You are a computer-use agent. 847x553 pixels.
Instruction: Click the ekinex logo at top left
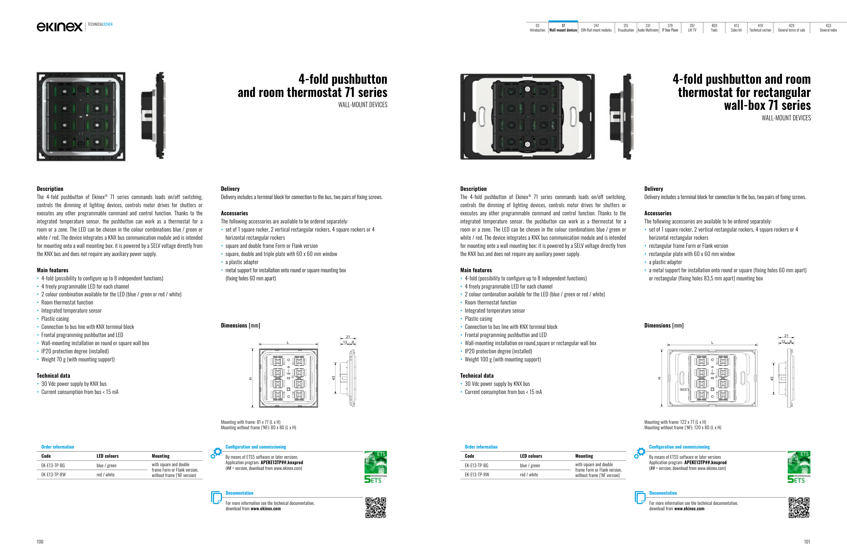[x=59, y=26]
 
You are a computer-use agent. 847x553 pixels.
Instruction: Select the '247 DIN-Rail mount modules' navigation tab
[x=596, y=28]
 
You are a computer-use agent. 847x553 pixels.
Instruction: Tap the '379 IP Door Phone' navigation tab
[x=670, y=28]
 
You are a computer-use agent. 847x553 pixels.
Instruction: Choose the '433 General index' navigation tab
[x=828, y=28]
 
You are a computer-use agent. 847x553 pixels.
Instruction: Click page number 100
[x=40, y=541]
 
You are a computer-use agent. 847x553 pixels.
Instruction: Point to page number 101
[x=807, y=541]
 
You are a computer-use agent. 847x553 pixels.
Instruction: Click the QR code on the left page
[x=375, y=508]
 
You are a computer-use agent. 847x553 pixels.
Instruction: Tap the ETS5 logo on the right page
[x=799, y=467]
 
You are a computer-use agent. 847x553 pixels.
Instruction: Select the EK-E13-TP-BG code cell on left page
[x=53, y=466]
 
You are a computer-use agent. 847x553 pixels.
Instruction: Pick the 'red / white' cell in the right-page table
[x=529, y=475]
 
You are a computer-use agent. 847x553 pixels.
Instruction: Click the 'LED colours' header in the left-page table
[x=107, y=456]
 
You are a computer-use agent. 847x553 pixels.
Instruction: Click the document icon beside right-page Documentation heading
[x=640, y=497]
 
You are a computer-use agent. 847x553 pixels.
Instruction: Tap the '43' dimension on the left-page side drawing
[x=333, y=378]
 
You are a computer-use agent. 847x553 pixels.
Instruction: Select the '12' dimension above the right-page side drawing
[x=783, y=341]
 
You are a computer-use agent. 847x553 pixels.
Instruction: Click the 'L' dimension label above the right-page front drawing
[x=712, y=342]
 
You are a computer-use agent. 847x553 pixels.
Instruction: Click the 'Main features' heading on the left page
[x=53, y=270]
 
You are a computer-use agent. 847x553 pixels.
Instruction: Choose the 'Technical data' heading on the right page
[x=477, y=376]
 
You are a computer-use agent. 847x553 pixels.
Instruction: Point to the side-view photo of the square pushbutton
[x=153, y=116]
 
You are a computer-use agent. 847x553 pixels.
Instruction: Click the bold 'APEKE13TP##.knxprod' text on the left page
[x=282, y=462]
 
